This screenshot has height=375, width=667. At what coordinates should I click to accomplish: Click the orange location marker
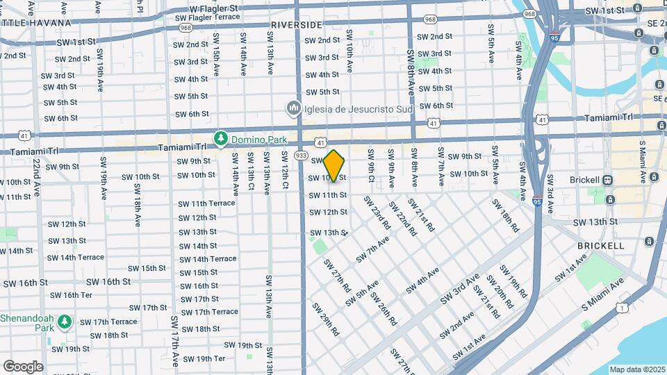click(334, 167)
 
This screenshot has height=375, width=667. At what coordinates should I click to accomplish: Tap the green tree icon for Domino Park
click(221, 138)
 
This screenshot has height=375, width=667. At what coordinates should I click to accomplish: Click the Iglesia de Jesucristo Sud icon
click(293, 108)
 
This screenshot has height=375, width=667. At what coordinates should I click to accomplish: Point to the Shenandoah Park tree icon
click(64, 322)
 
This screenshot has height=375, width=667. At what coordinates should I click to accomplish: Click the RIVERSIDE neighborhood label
click(297, 24)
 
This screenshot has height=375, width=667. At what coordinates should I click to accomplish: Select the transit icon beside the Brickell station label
click(608, 180)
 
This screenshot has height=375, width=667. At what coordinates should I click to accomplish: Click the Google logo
click(23, 366)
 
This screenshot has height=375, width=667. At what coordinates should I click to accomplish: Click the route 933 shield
click(301, 156)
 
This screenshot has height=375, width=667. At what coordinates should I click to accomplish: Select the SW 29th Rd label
click(325, 319)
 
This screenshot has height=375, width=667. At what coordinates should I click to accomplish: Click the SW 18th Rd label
click(505, 216)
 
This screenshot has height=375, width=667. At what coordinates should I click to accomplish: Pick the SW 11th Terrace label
click(206, 203)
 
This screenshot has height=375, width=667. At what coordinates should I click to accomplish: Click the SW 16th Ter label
click(72, 295)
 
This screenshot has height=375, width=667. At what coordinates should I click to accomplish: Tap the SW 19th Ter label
click(200, 358)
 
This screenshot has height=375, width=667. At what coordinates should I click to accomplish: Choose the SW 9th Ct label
click(372, 169)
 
